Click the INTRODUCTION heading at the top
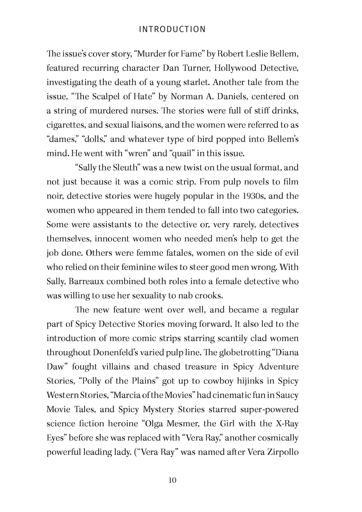pos(172,29)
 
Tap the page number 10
pos(172,480)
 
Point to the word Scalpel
pos(106,96)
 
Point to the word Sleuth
pos(125,168)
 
